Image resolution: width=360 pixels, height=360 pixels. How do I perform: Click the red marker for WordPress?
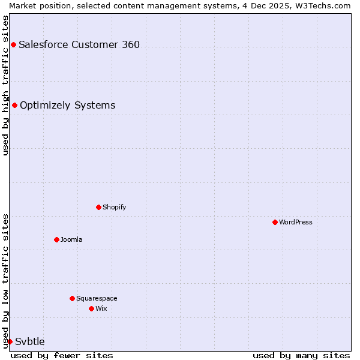coord(275,222)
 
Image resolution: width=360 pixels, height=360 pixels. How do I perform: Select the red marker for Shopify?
coord(98,207)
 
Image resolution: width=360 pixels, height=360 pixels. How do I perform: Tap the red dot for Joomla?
coord(56,239)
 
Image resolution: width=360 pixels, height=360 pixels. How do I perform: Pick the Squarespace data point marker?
coord(72,298)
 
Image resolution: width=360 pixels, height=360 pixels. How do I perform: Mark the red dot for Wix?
coord(91,308)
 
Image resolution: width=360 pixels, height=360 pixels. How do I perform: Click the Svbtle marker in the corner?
coord(10,341)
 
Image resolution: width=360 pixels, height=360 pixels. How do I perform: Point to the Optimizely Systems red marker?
coord(14,106)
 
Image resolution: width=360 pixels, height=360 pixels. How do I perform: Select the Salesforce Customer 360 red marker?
coord(13,44)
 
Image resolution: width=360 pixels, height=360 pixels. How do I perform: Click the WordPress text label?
coord(296,222)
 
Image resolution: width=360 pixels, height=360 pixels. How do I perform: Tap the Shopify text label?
coord(115,207)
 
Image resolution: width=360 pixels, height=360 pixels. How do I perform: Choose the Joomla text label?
coord(71,239)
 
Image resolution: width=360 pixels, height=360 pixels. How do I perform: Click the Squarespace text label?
coord(97,298)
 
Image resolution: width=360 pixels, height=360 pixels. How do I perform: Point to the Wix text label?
coord(101,308)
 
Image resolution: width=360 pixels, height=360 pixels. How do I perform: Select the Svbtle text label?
coord(30,341)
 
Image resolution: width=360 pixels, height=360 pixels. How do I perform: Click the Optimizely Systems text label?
coord(67,106)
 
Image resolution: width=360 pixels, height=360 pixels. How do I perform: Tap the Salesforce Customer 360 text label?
coord(79,44)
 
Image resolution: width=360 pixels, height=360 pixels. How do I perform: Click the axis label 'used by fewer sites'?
coord(62,355)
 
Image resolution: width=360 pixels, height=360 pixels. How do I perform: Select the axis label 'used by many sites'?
coord(301,355)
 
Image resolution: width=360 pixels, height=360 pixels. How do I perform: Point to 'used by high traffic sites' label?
coord(5,85)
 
